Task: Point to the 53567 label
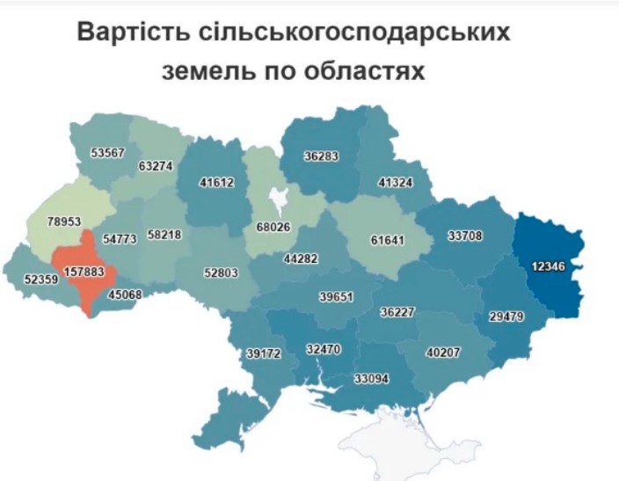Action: [109, 152]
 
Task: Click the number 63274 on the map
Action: [157, 166]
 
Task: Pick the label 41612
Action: [217, 184]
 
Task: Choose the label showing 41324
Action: [396, 183]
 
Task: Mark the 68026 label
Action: [273, 228]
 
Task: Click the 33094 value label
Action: [370, 380]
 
